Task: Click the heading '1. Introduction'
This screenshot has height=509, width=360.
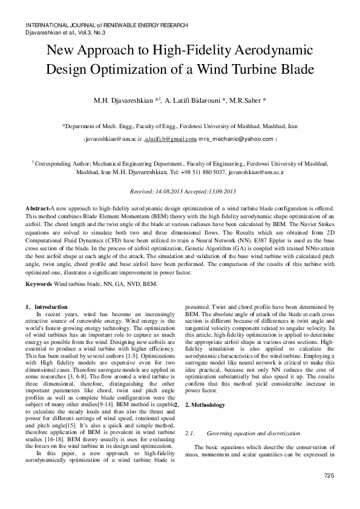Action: tap(48, 307)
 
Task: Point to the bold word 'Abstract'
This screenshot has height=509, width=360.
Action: tap(38, 208)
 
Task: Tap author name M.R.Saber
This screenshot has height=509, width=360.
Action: tap(247, 99)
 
